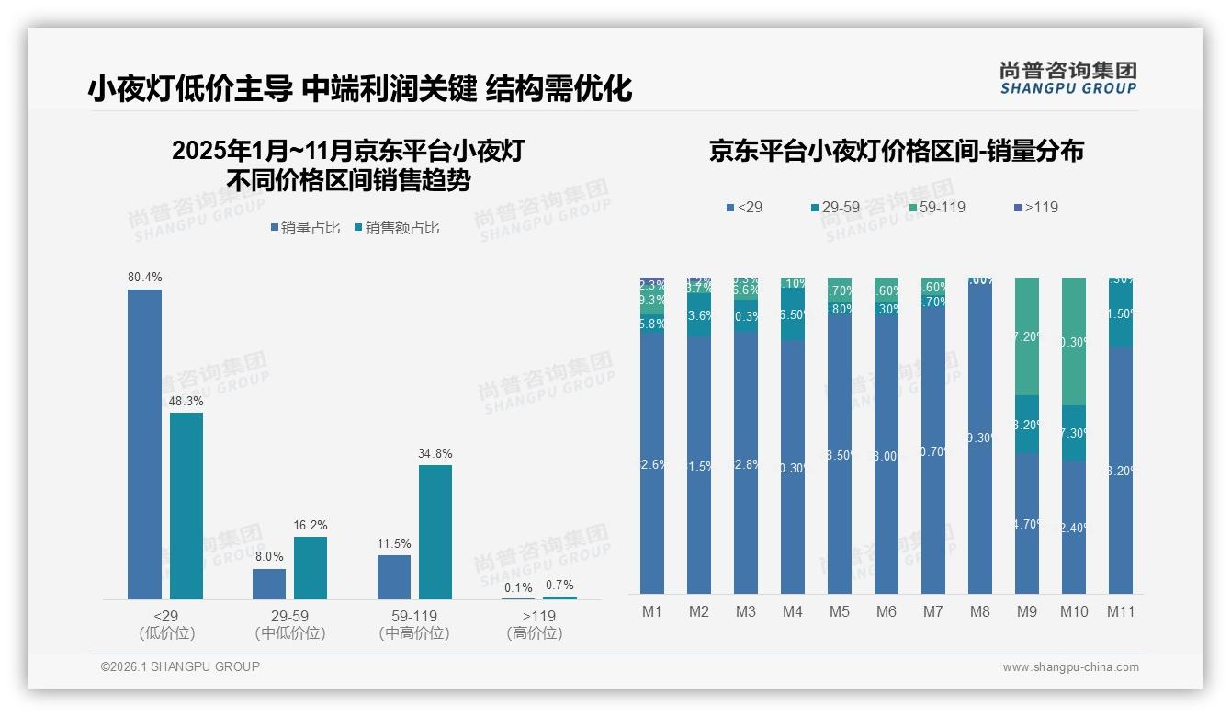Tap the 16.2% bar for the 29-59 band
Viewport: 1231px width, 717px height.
coord(311,567)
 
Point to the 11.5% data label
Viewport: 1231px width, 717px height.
coord(394,543)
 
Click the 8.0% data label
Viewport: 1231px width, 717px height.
coord(269,557)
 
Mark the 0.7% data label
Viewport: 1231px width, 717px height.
coord(559,585)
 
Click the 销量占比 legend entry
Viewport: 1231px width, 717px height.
coord(305,228)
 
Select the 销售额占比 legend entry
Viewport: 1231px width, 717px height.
coord(396,228)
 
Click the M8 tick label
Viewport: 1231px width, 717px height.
coord(980,611)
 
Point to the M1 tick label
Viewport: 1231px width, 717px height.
coord(652,611)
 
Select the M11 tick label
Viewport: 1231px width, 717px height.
coord(1121,611)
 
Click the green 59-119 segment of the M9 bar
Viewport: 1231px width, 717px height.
coord(1027,336)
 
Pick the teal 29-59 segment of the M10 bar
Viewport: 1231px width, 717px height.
coord(1074,433)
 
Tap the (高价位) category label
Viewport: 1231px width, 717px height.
coord(534,633)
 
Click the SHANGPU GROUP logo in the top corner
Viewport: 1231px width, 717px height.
coord(1067,78)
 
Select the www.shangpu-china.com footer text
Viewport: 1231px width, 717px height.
coord(1070,667)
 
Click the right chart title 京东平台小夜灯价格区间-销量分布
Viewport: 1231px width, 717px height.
coord(896,152)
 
